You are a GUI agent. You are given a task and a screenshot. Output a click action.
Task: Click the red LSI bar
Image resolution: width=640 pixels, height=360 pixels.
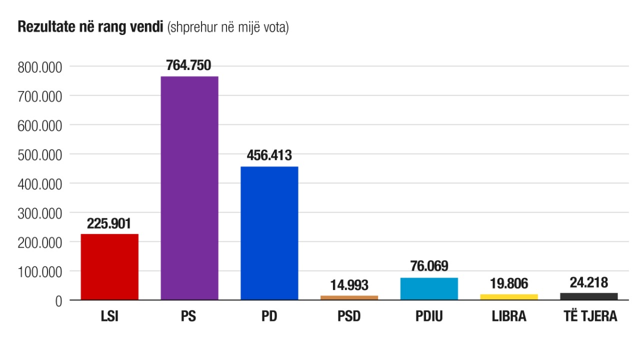click(x=109, y=266)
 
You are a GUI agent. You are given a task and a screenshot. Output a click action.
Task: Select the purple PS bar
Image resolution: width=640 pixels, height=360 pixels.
click(x=189, y=188)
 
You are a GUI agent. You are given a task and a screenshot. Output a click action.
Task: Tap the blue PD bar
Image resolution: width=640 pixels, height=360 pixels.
click(x=269, y=233)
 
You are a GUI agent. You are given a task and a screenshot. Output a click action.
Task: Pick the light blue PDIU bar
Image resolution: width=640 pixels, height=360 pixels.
click(x=429, y=288)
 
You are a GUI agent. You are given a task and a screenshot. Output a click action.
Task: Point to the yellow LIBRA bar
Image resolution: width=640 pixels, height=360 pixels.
click(x=509, y=297)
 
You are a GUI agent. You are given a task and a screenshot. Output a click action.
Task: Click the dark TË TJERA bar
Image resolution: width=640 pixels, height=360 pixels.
click(x=589, y=296)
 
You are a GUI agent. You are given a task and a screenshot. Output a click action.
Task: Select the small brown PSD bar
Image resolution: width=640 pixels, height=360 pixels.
click(x=349, y=297)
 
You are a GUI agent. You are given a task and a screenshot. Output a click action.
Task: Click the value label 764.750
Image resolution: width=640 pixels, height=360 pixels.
click(x=189, y=65)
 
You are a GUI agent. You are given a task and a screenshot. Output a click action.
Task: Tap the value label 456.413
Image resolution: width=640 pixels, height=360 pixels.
click(x=269, y=155)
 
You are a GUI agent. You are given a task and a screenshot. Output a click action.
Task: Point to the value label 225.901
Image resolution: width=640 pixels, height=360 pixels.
click(x=109, y=223)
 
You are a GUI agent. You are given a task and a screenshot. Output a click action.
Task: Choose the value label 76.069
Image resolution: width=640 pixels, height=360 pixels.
click(x=429, y=266)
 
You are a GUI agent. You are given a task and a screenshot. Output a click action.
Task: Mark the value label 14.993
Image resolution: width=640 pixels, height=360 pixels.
click(x=349, y=285)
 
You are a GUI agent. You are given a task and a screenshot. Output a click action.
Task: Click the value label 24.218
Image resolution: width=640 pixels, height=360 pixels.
click(x=589, y=282)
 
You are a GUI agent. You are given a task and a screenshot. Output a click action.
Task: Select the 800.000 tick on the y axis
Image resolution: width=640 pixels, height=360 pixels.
click(x=39, y=66)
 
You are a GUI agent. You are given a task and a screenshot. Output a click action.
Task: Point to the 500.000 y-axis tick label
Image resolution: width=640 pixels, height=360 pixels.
click(x=39, y=154)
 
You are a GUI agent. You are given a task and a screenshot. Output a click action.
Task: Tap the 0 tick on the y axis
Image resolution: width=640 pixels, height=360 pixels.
click(x=58, y=301)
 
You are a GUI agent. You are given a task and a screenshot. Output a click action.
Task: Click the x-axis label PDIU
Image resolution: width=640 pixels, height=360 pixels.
click(x=429, y=317)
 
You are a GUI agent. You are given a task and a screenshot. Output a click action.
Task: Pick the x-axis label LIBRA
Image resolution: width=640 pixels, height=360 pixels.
click(x=509, y=317)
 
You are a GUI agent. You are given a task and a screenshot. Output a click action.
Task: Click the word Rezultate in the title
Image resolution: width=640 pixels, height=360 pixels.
click(x=41, y=27)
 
